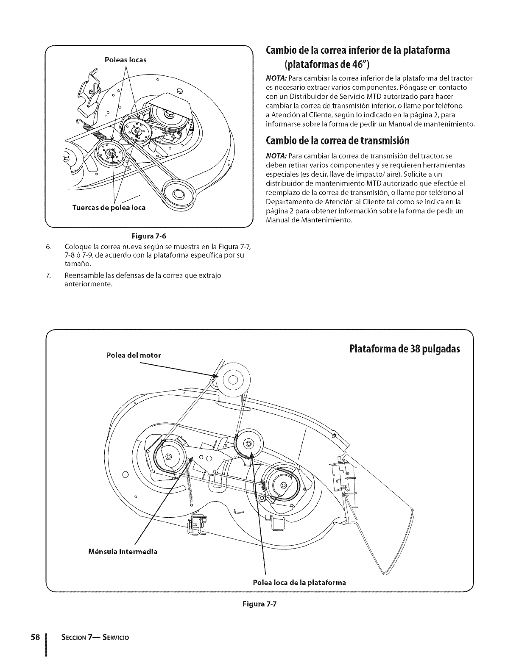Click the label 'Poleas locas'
126,60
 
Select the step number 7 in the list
49,276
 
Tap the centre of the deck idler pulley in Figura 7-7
248,443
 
